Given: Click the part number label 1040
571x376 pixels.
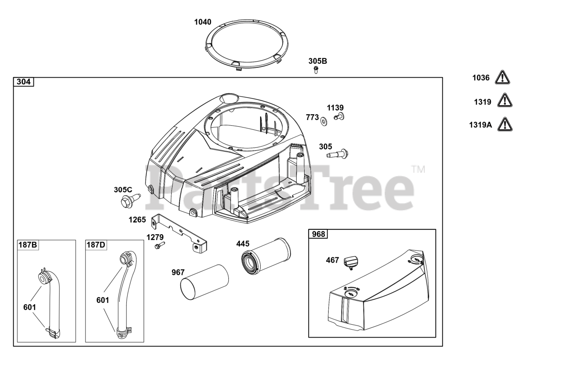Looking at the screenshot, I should tap(203, 22).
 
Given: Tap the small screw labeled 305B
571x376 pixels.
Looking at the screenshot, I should tap(316, 69).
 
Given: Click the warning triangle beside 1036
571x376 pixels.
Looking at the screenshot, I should tap(503, 78).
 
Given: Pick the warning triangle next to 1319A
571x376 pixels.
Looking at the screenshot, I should tap(505, 124).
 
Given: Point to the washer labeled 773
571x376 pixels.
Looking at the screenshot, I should tap(323, 120).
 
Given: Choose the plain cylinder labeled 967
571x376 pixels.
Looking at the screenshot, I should tap(204, 282).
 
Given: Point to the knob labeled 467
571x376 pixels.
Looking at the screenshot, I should tap(352, 262).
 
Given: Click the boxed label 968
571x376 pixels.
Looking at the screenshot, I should tap(318, 234).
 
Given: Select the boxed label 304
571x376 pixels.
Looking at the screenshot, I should tap(24, 82).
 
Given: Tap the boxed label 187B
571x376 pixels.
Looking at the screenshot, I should tap(28, 245).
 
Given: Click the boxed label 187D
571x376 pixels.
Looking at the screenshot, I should tap(96, 245).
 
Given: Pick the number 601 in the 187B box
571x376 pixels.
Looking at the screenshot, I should tap(29, 307).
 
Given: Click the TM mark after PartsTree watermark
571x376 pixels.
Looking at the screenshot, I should tap(418, 169).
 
